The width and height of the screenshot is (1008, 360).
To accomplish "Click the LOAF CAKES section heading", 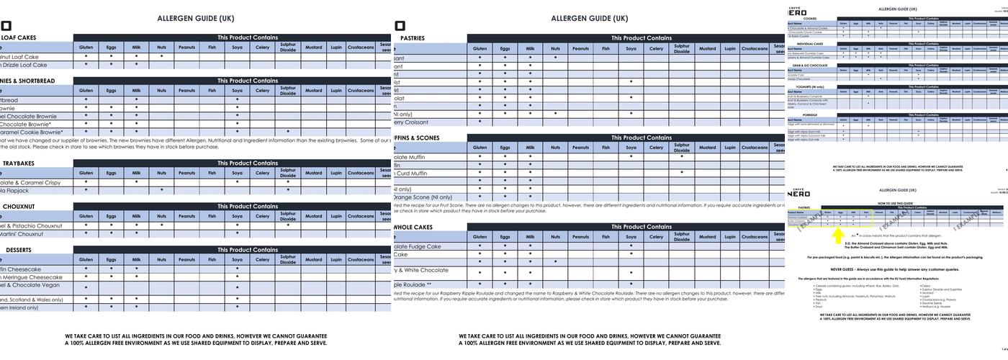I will click(19, 38).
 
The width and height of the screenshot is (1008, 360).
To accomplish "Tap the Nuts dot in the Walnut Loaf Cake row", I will click(161, 56).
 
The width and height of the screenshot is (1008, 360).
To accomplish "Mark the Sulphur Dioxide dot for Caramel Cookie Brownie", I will click(287, 132).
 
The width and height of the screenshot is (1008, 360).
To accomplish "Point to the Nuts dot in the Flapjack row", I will click(161, 191).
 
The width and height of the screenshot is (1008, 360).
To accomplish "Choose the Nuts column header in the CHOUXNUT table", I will click(161, 216).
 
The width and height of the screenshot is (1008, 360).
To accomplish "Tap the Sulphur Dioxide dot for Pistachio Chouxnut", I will click(287, 225).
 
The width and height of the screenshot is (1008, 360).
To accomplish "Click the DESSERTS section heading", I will click(19, 250).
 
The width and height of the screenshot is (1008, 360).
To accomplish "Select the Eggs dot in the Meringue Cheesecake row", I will click(111, 276).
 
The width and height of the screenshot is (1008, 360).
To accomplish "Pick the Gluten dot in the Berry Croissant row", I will click(480, 122).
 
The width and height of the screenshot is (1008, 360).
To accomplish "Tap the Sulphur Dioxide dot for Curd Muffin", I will click(681, 173).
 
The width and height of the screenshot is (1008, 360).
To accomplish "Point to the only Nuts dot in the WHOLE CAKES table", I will click(555, 261).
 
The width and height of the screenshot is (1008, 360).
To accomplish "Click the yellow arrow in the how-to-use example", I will click(838, 235).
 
